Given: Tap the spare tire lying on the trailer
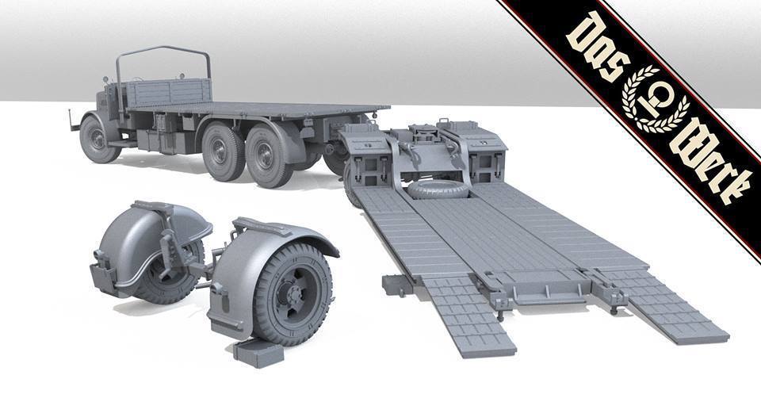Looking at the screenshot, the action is (x=438, y=190).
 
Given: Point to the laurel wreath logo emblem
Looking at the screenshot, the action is (x=656, y=100).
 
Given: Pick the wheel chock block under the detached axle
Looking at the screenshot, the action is (x=258, y=353).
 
